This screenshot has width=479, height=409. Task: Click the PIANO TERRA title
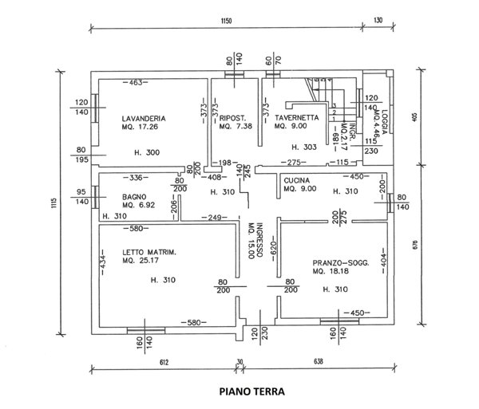pos(251,391)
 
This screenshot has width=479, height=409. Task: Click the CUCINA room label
pos(296,180)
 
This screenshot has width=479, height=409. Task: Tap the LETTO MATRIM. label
pos(143,253)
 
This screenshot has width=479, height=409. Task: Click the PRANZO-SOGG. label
pos(341,262)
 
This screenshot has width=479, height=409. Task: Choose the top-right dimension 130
pos(378,21)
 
